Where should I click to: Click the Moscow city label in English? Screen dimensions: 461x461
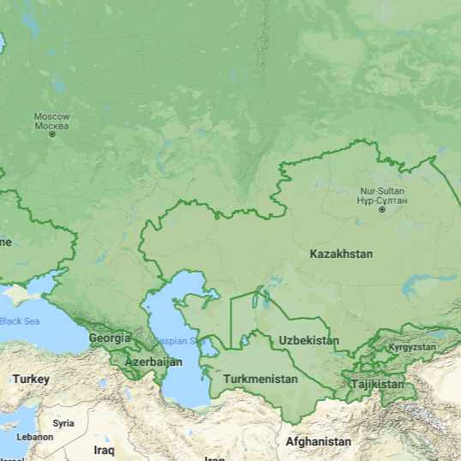51,116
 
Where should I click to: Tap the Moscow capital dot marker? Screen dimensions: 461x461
52,135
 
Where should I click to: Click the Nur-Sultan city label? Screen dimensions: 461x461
382,190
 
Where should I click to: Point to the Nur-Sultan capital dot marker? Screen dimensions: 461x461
382,209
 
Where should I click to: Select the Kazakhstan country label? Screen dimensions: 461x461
341,254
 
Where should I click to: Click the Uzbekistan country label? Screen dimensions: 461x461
308,340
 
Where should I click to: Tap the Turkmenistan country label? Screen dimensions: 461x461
260,379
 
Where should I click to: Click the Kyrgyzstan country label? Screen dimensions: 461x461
412,347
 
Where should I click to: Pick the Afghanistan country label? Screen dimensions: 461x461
318,442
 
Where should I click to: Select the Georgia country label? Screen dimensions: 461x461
110,338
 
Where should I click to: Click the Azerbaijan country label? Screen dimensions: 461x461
154,362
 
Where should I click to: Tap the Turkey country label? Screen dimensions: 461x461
31,379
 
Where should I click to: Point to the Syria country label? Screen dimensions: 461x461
63,423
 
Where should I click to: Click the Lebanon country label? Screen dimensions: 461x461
35,437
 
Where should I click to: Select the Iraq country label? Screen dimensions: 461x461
104,450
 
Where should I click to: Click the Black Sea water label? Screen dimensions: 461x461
19,321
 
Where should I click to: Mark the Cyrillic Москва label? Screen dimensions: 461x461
51,125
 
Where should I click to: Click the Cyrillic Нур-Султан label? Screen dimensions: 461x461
382,200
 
